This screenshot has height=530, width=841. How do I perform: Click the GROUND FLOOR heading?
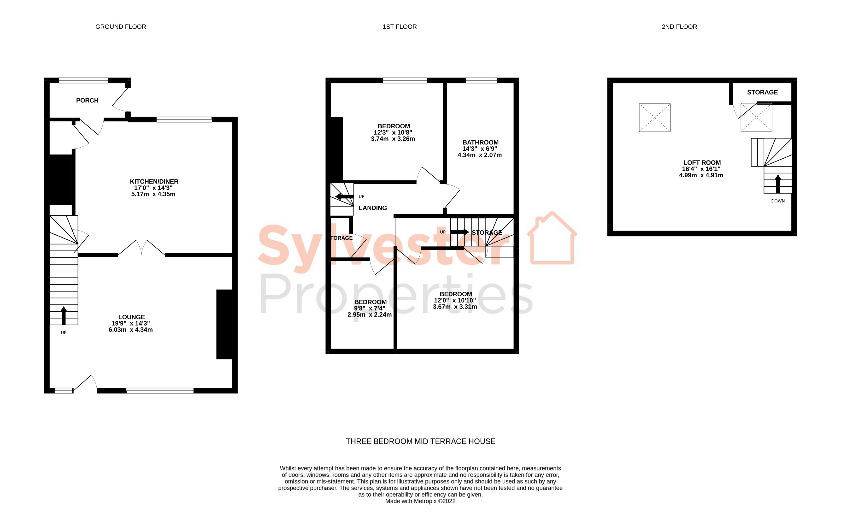click(x=120, y=27)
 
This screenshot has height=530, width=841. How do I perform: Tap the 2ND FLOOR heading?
click(x=679, y=27)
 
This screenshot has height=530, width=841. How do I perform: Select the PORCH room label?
click(x=87, y=101)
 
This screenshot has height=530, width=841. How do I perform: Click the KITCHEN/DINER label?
click(x=154, y=181)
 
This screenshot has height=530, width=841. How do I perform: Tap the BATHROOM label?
click(x=480, y=142)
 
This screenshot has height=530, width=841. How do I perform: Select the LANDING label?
click(x=373, y=208)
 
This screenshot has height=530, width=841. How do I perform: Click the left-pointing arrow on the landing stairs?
click(x=344, y=196)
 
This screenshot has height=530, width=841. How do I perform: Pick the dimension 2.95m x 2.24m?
click(x=370, y=315)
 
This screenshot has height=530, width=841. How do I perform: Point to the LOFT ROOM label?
click(x=702, y=162)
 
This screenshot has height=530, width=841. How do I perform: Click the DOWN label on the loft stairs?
click(x=778, y=201)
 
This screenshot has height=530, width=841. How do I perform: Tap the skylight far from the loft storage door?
click(x=654, y=118)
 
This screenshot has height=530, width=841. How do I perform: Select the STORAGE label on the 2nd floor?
click(x=762, y=92)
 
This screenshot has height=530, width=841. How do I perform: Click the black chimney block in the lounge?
click(x=224, y=324)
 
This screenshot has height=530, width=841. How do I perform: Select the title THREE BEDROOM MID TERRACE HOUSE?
click(x=420, y=441)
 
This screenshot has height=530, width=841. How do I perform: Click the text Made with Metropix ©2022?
click(x=420, y=501)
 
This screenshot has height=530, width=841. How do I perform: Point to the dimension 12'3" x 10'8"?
click(x=393, y=132)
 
